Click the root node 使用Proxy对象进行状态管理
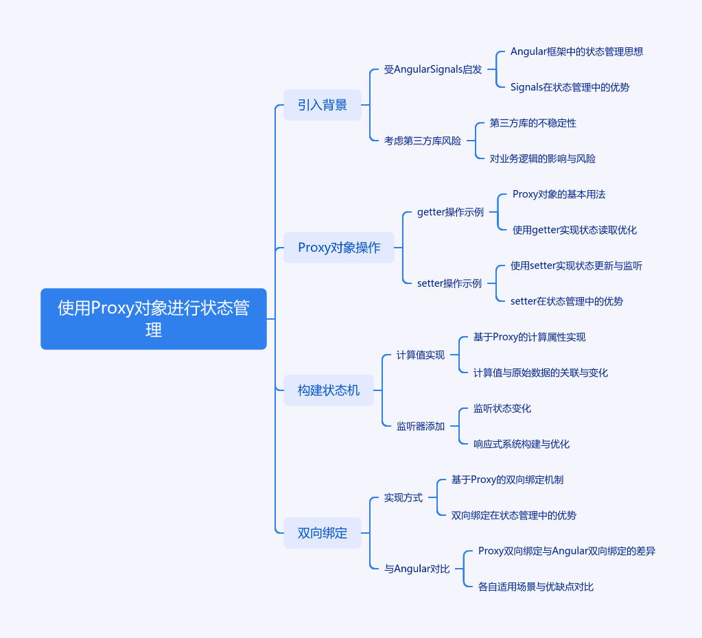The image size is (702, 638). coord(153,319)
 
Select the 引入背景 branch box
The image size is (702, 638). coord(323,105)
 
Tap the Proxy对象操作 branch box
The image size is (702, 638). coord(339,248)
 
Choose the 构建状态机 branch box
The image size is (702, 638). coord(329,390)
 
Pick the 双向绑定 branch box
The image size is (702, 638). coord(323,533)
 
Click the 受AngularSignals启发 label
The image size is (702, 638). coord(433,69)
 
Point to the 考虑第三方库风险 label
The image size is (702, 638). coord(423,141)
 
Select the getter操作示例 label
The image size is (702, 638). coord(450,212)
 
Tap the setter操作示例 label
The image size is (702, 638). coord(449,283)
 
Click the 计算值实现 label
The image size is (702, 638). coord(421,355)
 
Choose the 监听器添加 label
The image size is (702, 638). coord(421,426)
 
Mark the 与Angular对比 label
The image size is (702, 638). coord(417,569)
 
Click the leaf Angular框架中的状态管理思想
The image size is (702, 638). coord(576,51)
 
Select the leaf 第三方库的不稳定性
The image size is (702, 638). coord(533,123)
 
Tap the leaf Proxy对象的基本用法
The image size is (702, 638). coord(559,194)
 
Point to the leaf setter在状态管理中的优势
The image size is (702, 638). coord(567,301)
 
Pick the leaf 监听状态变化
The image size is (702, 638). coord(502,408)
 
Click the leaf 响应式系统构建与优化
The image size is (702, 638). coord(522,444)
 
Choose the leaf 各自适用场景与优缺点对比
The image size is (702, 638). coord(536,587)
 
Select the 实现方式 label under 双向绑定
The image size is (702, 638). coord(403,497)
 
